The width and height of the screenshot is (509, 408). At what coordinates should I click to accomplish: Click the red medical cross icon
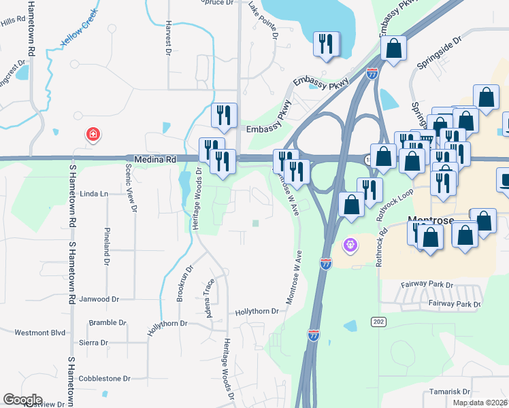point(92,135)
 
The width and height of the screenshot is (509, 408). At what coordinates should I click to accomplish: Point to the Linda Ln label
point(94,194)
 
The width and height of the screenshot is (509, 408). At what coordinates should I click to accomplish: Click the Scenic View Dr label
point(134,189)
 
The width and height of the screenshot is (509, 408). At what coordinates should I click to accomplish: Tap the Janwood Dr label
point(99,299)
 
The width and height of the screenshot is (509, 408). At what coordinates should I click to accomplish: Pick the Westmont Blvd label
point(40,333)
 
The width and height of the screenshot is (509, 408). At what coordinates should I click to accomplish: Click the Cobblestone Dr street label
point(104,378)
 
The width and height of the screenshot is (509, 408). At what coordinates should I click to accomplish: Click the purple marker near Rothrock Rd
point(350,243)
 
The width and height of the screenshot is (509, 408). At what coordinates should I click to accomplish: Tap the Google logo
point(22,400)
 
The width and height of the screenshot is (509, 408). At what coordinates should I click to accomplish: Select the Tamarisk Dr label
point(450,392)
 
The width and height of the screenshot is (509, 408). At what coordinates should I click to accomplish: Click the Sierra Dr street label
point(94,343)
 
